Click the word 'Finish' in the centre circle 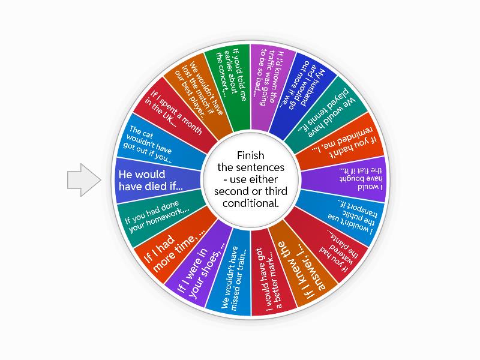pos(251,155)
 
